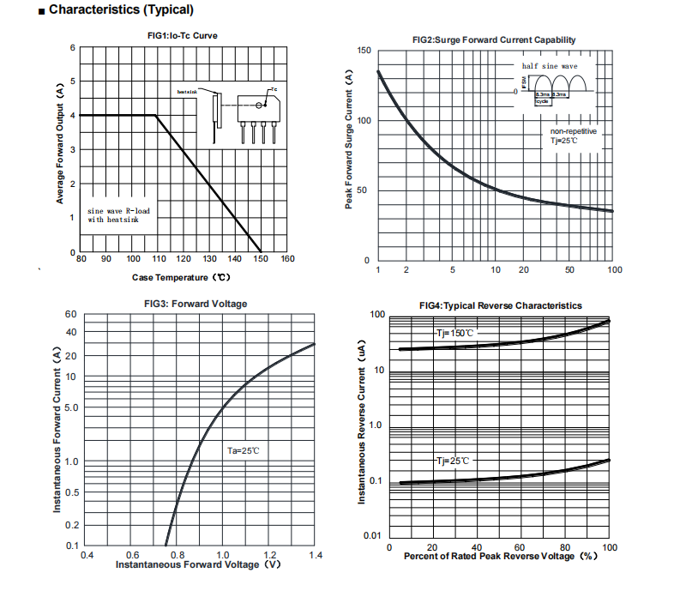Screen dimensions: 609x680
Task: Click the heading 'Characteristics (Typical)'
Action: click(121, 10)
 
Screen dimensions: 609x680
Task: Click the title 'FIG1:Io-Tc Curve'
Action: click(181, 35)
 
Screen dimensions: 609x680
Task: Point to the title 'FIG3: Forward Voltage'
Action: click(196, 304)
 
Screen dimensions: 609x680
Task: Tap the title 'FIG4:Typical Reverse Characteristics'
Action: click(500, 305)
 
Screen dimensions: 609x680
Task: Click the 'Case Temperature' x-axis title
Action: click(181, 277)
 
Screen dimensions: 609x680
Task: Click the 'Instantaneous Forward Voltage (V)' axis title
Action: click(198, 564)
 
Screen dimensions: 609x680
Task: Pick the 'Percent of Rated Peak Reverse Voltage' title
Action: click(500, 556)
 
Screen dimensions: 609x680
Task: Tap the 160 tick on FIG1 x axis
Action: click(287, 258)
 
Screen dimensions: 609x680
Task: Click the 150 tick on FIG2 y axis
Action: click(363, 51)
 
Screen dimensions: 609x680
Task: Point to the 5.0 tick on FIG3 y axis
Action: click(70, 407)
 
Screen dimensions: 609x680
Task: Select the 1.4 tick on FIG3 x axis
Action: click(315, 556)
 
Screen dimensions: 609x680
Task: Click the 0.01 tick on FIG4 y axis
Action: click(373, 537)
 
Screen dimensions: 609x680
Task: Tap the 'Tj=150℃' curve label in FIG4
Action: click(454, 333)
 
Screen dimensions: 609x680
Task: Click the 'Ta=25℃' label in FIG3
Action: click(243, 450)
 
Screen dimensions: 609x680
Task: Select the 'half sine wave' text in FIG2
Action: click(550, 65)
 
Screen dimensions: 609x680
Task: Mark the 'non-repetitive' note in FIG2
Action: click(574, 131)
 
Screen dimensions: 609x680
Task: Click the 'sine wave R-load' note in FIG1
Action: click(119, 209)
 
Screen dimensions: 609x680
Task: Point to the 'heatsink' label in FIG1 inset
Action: click(187, 91)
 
